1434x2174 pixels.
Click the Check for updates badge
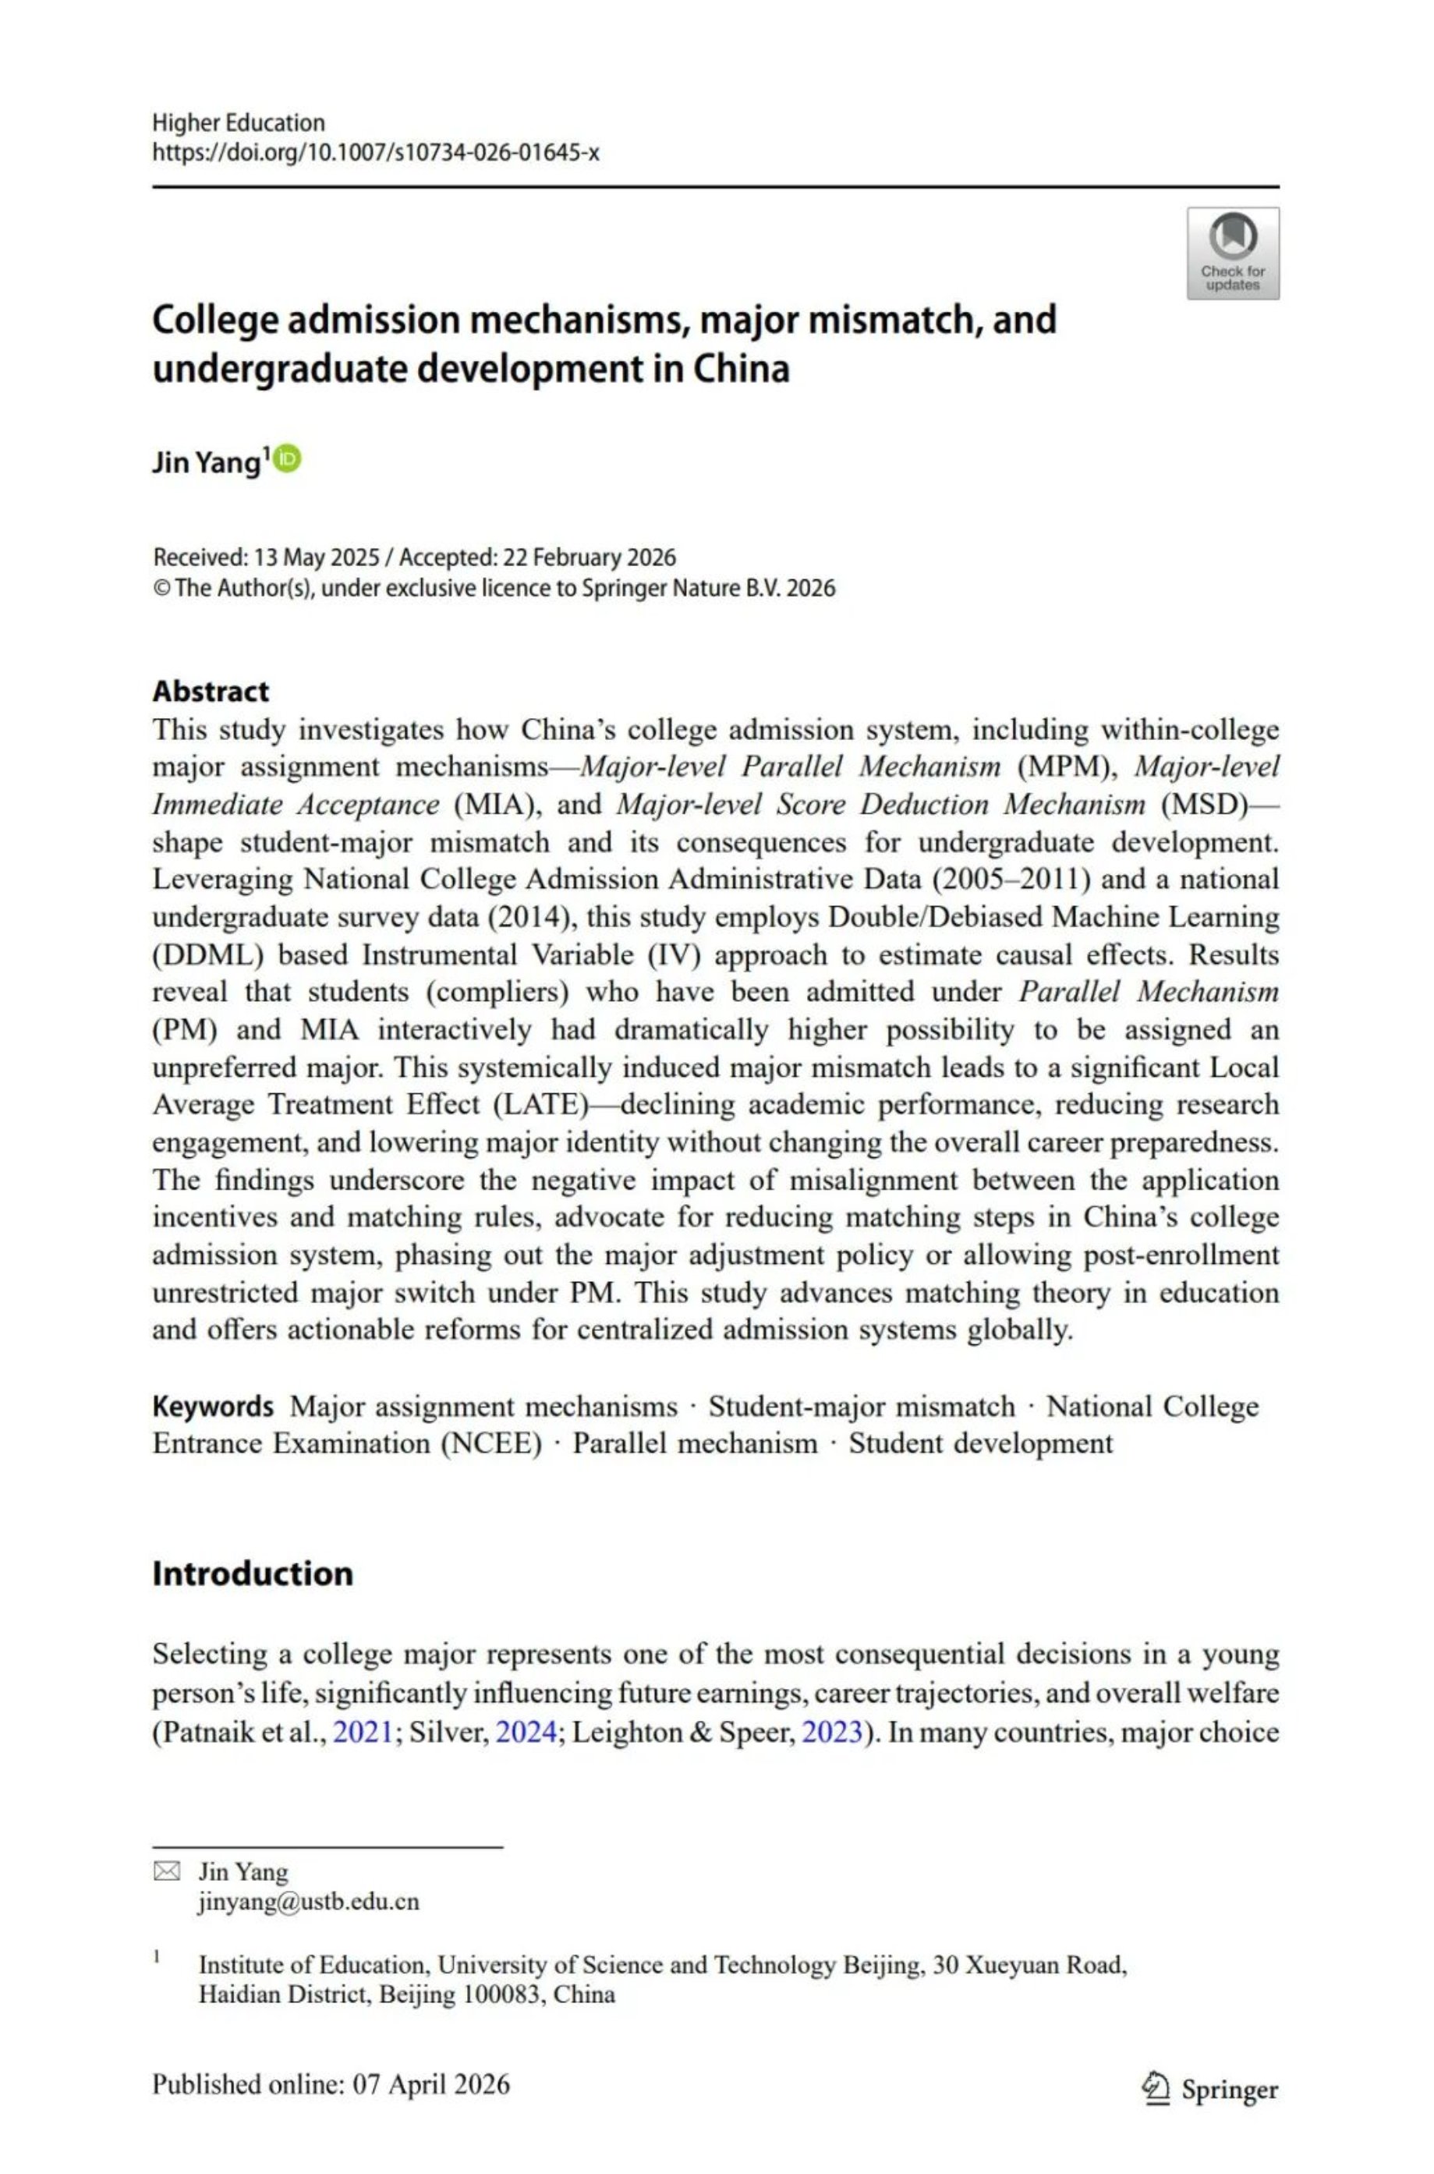click(x=1232, y=253)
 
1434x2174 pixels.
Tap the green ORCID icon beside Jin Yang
click(x=287, y=459)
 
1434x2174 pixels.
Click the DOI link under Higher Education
click(x=375, y=153)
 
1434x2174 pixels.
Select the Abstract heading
click(x=211, y=691)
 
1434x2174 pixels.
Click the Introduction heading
click(x=253, y=1573)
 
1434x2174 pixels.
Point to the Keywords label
click(x=212, y=1406)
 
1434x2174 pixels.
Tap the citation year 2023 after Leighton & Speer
click(x=832, y=1732)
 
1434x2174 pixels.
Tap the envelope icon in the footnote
click(x=166, y=1871)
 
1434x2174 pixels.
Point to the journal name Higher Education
click(x=238, y=122)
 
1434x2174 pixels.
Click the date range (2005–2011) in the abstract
click(x=1011, y=880)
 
